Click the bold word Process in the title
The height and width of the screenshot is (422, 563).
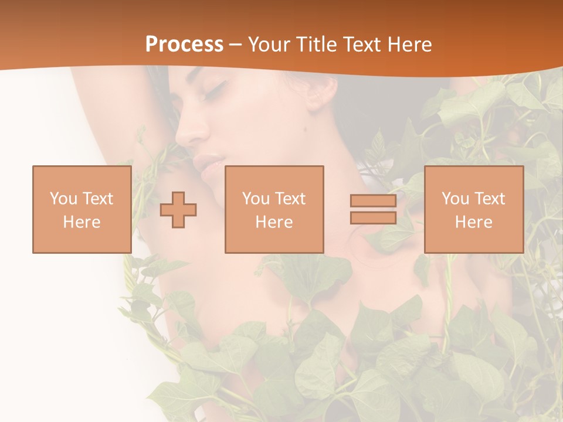[184, 45]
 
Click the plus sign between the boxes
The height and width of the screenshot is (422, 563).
[178, 210]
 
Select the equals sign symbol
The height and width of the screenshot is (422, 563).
[373, 209]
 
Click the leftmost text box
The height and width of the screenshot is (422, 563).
[82, 209]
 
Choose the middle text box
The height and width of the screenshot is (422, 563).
[274, 209]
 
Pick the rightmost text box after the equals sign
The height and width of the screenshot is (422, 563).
[473, 209]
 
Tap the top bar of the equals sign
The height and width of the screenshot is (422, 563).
[373, 201]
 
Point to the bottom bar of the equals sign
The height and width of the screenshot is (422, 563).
[373, 217]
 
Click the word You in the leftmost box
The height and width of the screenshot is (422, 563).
[63, 199]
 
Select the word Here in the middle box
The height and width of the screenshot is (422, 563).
[274, 222]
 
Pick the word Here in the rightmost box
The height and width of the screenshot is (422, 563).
[473, 222]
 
